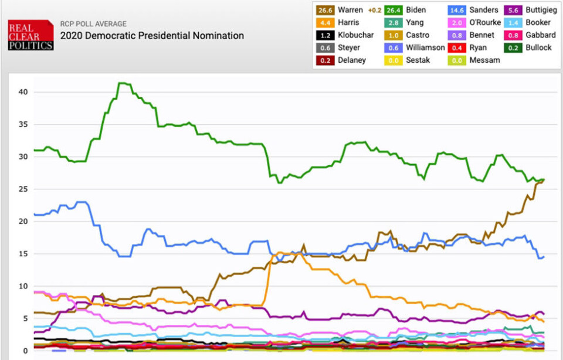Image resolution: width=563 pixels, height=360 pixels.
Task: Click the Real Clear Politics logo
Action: [x=30, y=35]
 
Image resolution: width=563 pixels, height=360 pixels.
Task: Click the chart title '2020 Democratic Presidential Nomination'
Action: [x=152, y=36]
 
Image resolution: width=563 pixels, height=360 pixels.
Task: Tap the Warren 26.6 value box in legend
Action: [x=325, y=10]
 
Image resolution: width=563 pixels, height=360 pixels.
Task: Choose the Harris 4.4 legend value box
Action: [x=325, y=22]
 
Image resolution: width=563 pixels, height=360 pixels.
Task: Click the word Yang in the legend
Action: [x=416, y=22]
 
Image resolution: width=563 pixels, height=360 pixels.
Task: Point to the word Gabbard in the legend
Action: [x=540, y=35]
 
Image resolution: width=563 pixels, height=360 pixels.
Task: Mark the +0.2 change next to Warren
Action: [x=376, y=10]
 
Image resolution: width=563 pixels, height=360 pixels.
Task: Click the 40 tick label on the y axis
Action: [x=22, y=92]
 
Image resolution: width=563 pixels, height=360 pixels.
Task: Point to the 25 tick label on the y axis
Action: [x=22, y=189]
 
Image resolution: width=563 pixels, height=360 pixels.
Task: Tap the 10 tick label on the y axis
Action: [x=22, y=286]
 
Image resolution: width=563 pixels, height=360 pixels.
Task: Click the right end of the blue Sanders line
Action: [x=544, y=256]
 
